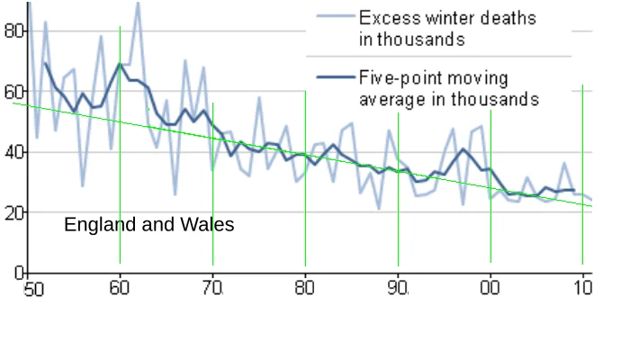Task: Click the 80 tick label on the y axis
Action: click(14, 31)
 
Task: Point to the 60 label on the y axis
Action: click(14, 92)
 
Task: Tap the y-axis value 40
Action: click(14, 152)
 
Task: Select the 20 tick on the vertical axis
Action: click(14, 212)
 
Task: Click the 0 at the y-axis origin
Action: click(19, 273)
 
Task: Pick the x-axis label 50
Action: click(33, 289)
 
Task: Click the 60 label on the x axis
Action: click(120, 288)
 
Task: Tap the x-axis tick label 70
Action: click(212, 288)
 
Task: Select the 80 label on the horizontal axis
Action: click(304, 288)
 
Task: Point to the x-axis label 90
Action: click(398, 288)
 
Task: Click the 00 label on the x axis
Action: click(490, 288)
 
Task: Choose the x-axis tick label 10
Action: click(582, 288)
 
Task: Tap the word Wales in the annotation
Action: click(207, 224)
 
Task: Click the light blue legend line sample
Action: click(336, 16)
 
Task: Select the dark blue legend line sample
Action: click(336, 76)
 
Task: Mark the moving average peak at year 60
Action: click(120, 64)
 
